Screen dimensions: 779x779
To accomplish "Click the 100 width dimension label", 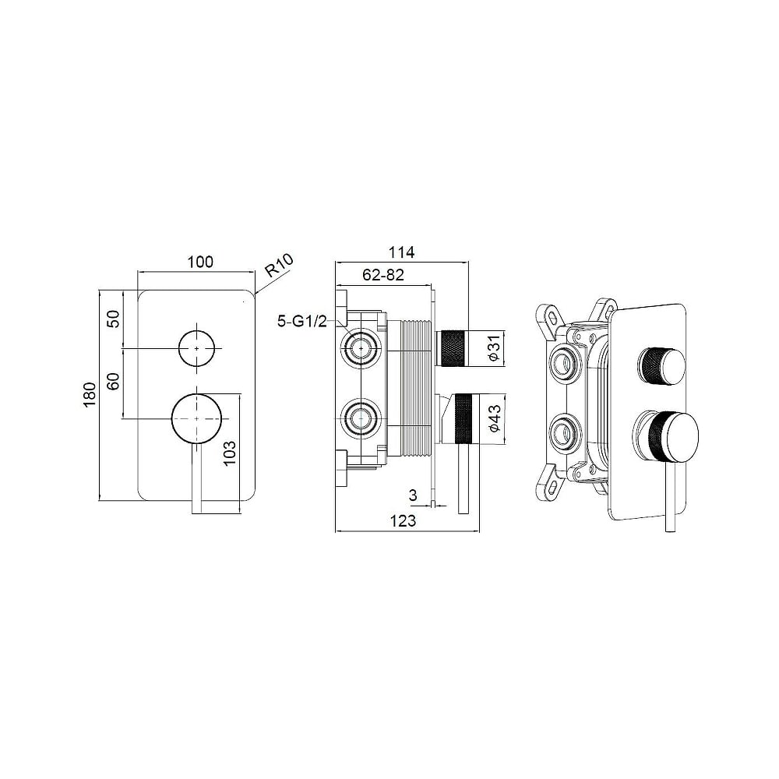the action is point(200,262).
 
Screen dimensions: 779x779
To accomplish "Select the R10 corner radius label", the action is point(279,266).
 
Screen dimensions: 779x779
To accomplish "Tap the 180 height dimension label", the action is point(90,395).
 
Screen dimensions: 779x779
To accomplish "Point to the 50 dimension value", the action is point(115,319).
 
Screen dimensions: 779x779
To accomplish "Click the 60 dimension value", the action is point(115,381).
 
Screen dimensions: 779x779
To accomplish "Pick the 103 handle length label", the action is point(230,453).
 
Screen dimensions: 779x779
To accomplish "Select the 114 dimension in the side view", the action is point(401,252).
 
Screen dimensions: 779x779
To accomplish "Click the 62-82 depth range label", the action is point(383,275).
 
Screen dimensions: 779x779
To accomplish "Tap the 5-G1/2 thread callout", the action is point(302,322).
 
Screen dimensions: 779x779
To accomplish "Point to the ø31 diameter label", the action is point(494,347).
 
